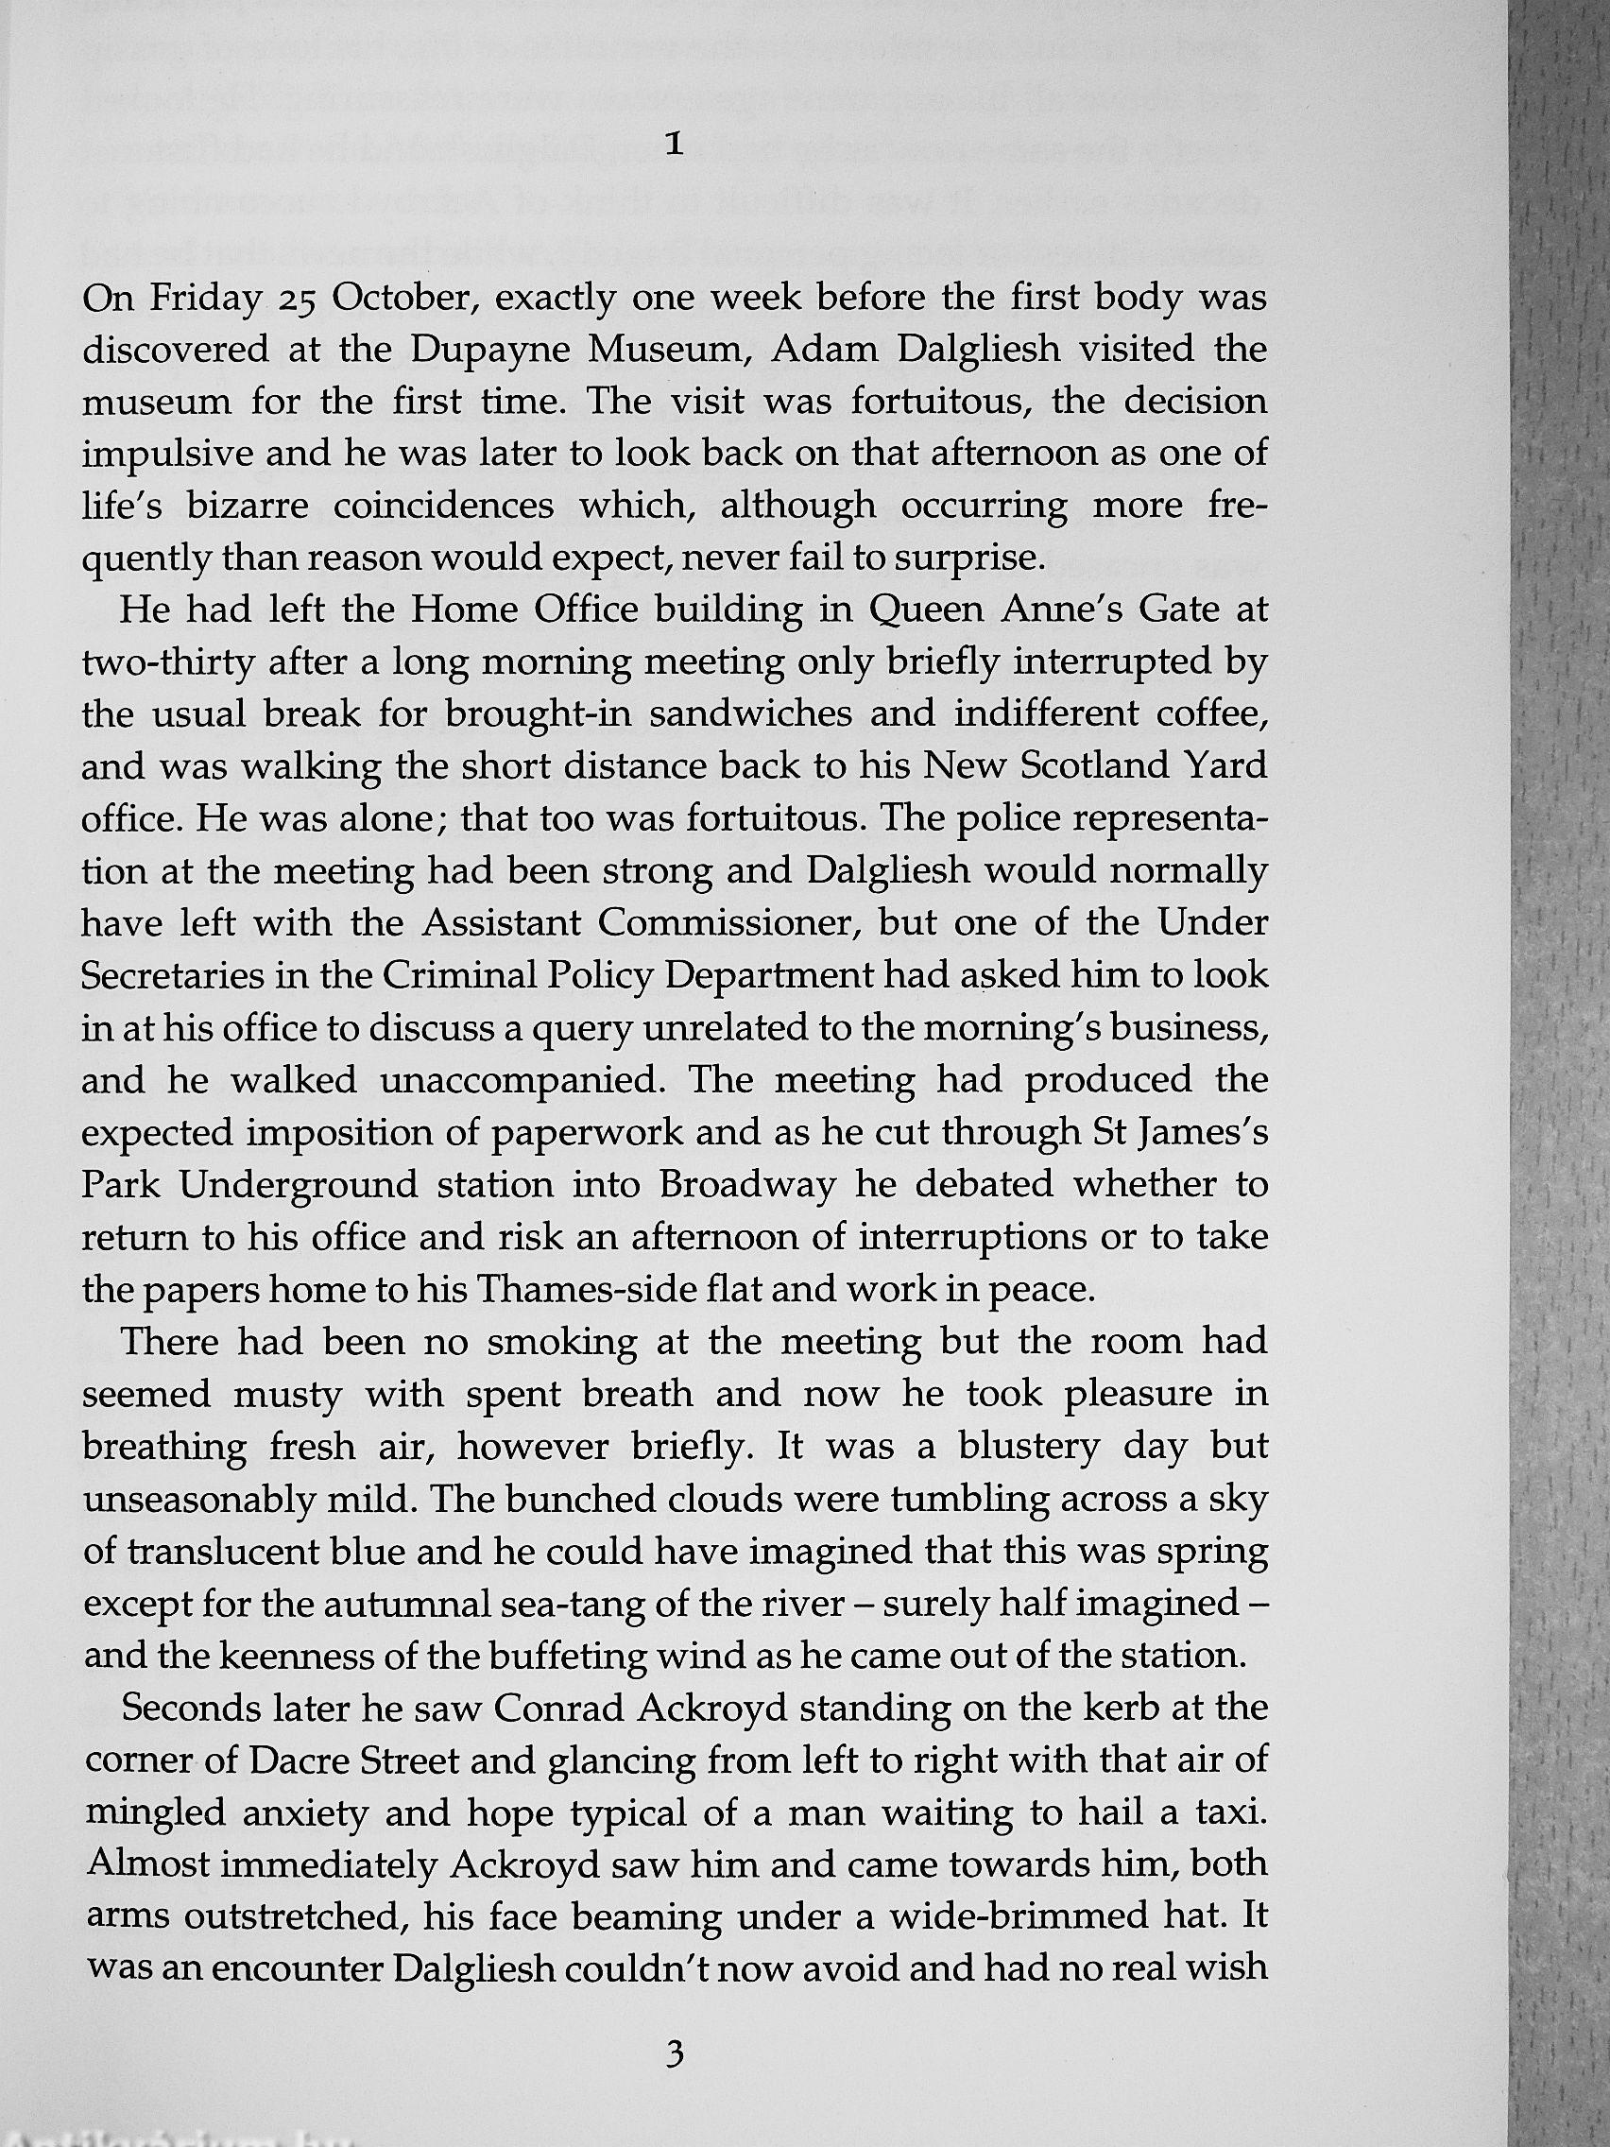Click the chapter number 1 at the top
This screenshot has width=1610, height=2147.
tap(677, 146)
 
